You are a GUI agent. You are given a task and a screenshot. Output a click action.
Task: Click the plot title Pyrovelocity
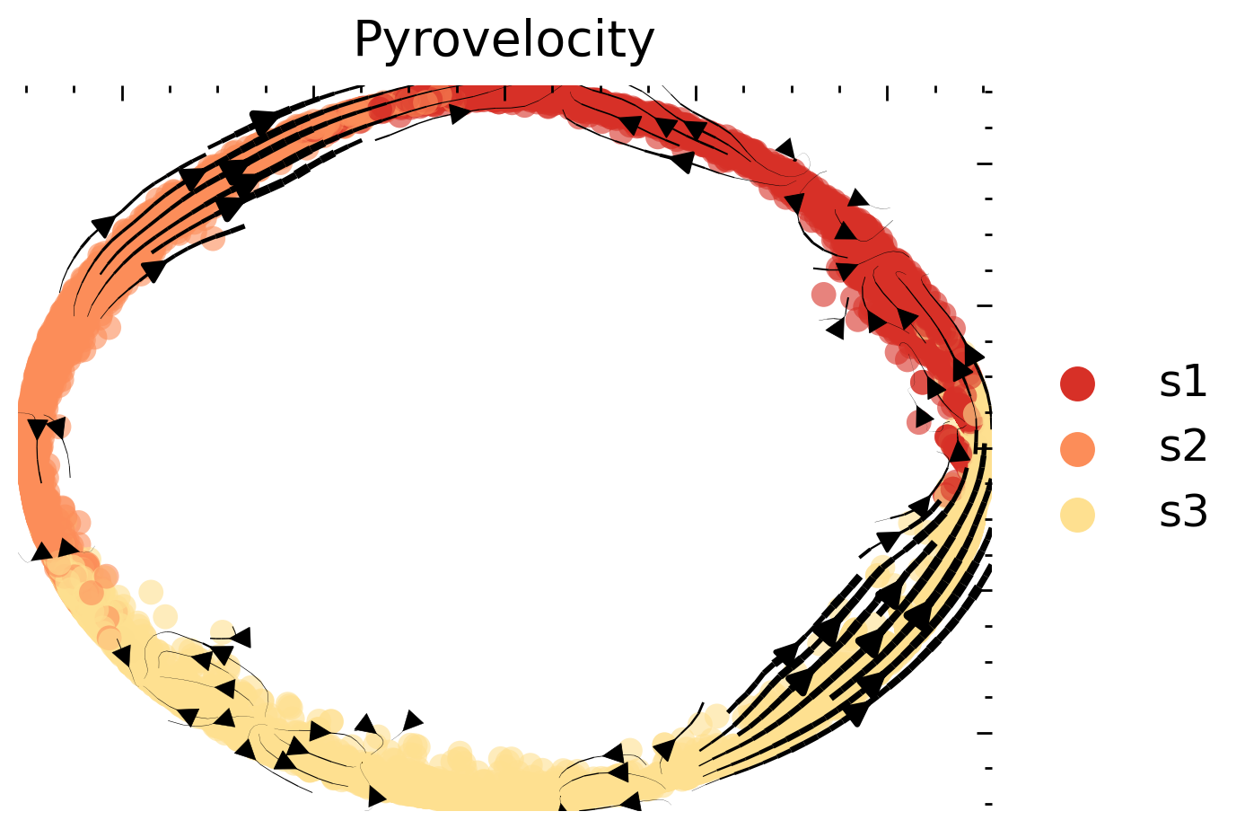pos(504,40)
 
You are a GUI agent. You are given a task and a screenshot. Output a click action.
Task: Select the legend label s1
pos(1182,382)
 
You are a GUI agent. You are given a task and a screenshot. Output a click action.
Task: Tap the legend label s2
pos(1182,446)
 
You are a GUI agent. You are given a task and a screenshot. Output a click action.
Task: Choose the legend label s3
pos(1182,511)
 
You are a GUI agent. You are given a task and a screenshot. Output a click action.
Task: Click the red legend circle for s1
pos(1077,384)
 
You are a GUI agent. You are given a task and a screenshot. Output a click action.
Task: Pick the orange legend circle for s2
pos(1077,449)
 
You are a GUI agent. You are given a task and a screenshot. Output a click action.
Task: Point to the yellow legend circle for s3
pos(1077,515)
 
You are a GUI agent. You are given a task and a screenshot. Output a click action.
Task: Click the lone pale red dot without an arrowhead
pos(823,294)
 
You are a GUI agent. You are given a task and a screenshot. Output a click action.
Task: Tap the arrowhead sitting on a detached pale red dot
pos(922,419)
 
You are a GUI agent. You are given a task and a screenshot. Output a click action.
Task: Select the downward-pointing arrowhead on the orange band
pos(38,429)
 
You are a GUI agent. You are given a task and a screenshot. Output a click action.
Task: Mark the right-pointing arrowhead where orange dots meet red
pos(460,113)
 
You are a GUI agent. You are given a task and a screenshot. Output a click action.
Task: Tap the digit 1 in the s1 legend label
pos(1196,382)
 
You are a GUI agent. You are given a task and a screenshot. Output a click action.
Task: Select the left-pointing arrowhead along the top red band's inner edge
pos(682,162)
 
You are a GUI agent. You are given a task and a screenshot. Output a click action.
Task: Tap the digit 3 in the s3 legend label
pos(1196,511)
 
